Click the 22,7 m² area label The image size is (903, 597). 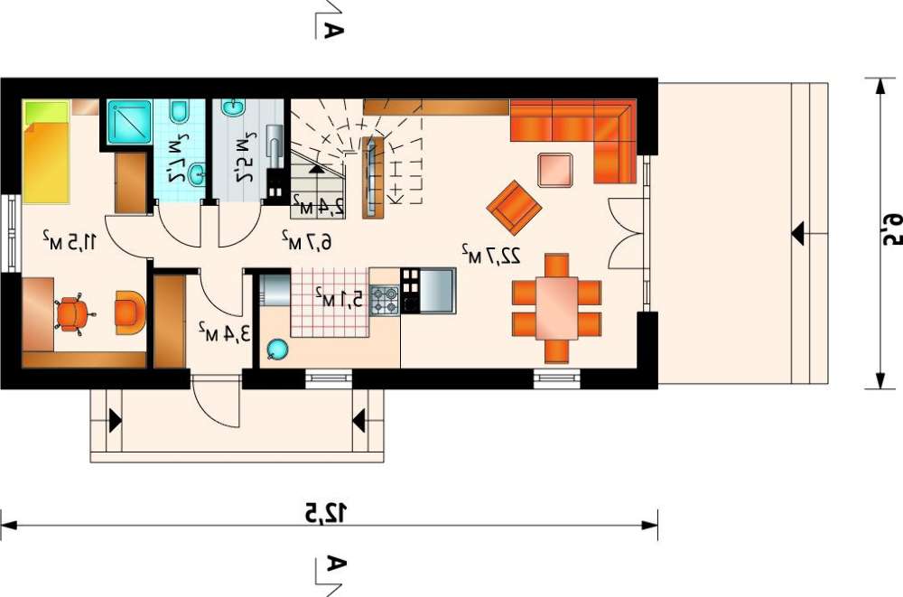pos(490,254)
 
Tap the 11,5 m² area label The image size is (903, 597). pos(70,241)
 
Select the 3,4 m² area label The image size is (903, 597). pos(225,332)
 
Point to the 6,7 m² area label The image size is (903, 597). pos(306,241)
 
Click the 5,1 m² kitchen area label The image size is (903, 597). pos(339,298)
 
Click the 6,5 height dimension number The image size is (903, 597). pos(890,230)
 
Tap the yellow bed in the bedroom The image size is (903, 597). pos(46,152)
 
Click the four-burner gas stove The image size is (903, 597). pos(384,300)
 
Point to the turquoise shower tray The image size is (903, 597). pos(129,122)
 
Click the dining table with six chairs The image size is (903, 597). pos(556,308)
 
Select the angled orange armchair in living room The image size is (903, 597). pos(514,208)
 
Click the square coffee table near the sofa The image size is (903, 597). pos(555,170)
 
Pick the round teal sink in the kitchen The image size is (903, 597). pos(276,350)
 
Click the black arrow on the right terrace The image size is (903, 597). pos(798,235)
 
